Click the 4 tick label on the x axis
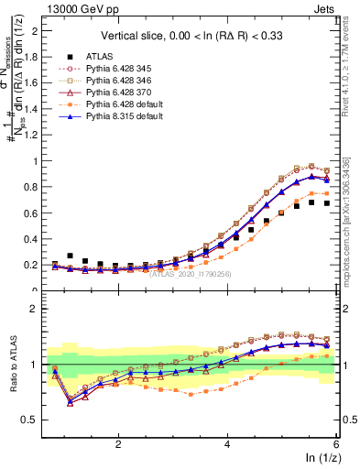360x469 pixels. point(228,442)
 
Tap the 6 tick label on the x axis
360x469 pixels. point(337,442)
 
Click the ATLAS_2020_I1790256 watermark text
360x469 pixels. point(191,273)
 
